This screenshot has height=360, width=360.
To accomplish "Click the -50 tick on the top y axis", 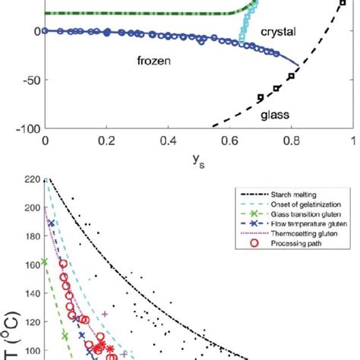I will [x=30, y=79].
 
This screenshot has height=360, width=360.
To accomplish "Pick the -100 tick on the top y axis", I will [x=27, y=128].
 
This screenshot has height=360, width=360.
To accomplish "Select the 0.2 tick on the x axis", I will [x=106, y=141].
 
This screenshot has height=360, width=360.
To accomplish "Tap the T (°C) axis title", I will [x=11, y=338].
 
